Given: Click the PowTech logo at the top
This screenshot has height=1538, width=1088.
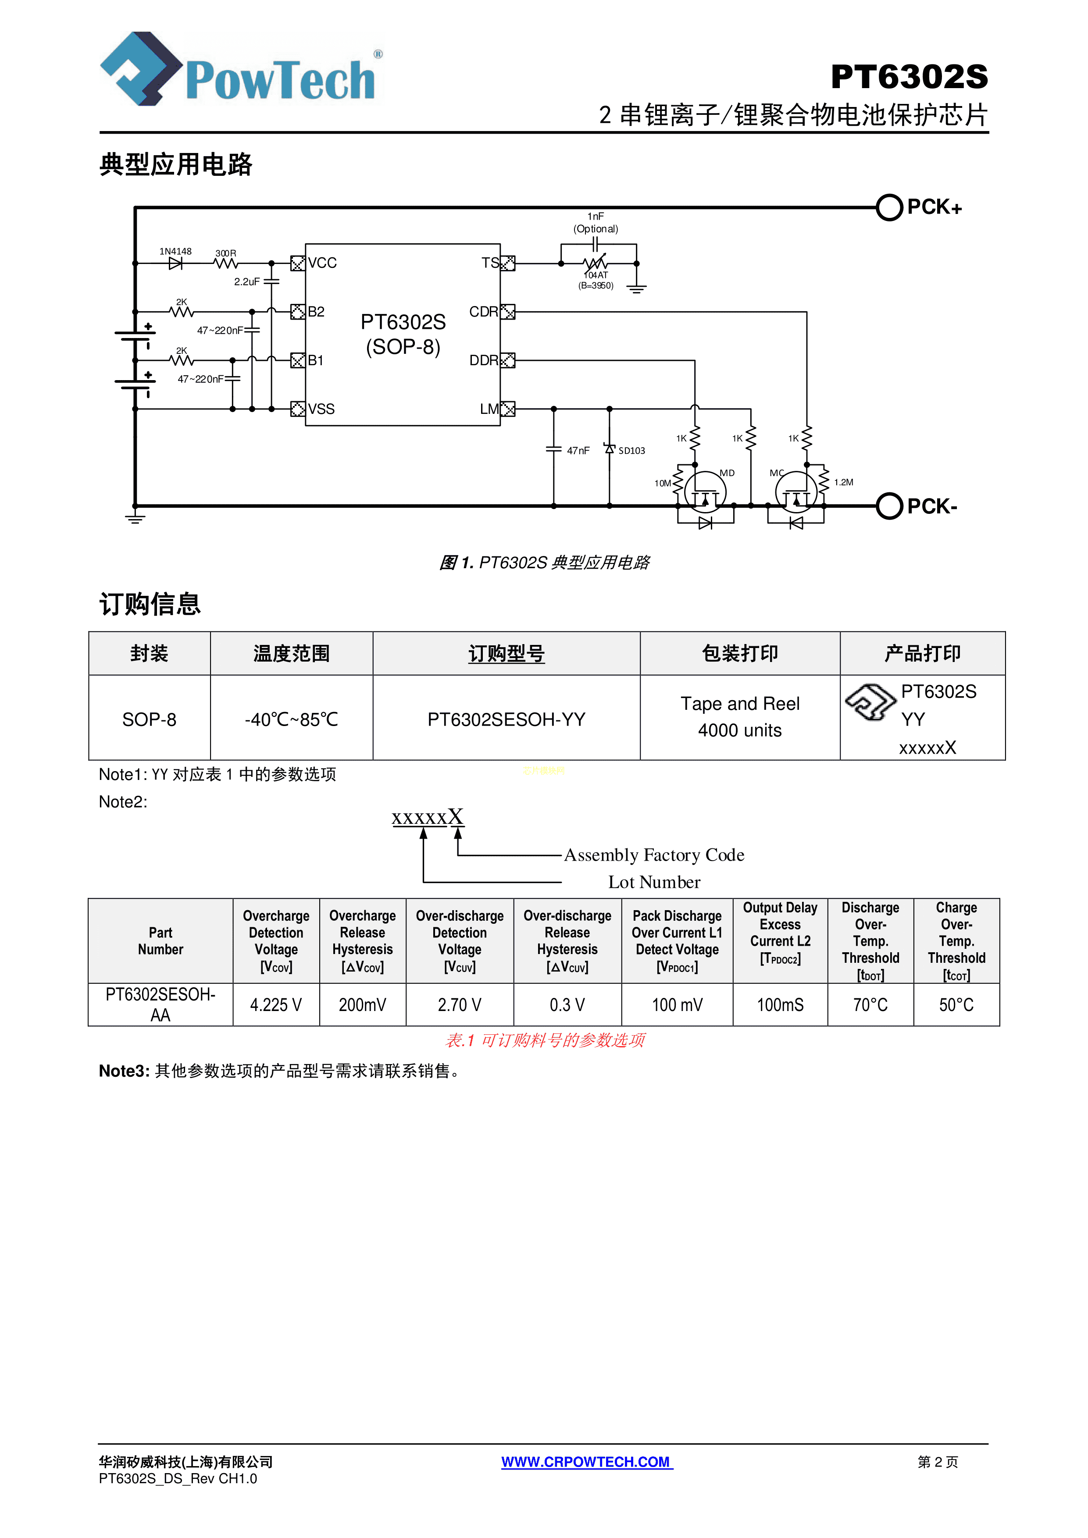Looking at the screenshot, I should coord(241,70).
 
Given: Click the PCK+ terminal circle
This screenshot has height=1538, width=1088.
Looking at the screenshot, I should coord(889,208).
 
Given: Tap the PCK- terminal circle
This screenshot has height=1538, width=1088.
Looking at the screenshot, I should coord(889,506).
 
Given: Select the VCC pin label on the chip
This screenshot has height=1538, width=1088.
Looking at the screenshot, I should coord(322,263).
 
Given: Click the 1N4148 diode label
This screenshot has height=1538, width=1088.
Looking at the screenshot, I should coord(175,252).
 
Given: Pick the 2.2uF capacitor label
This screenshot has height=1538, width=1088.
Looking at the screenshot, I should coord(246,282).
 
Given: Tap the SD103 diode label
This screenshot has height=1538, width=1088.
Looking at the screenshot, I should coord(631,451).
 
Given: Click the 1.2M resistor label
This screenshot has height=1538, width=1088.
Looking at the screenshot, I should coord(843,482).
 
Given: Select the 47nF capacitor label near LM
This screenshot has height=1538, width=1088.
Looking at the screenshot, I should coord(578,451).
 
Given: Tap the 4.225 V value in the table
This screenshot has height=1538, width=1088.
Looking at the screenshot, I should coord(276,1005).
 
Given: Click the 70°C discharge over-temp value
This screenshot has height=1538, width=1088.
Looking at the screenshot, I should coord(870,1005).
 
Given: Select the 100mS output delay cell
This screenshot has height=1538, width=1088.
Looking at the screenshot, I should coord(780,1005).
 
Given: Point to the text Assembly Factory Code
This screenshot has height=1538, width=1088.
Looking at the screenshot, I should coord(654,855).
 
